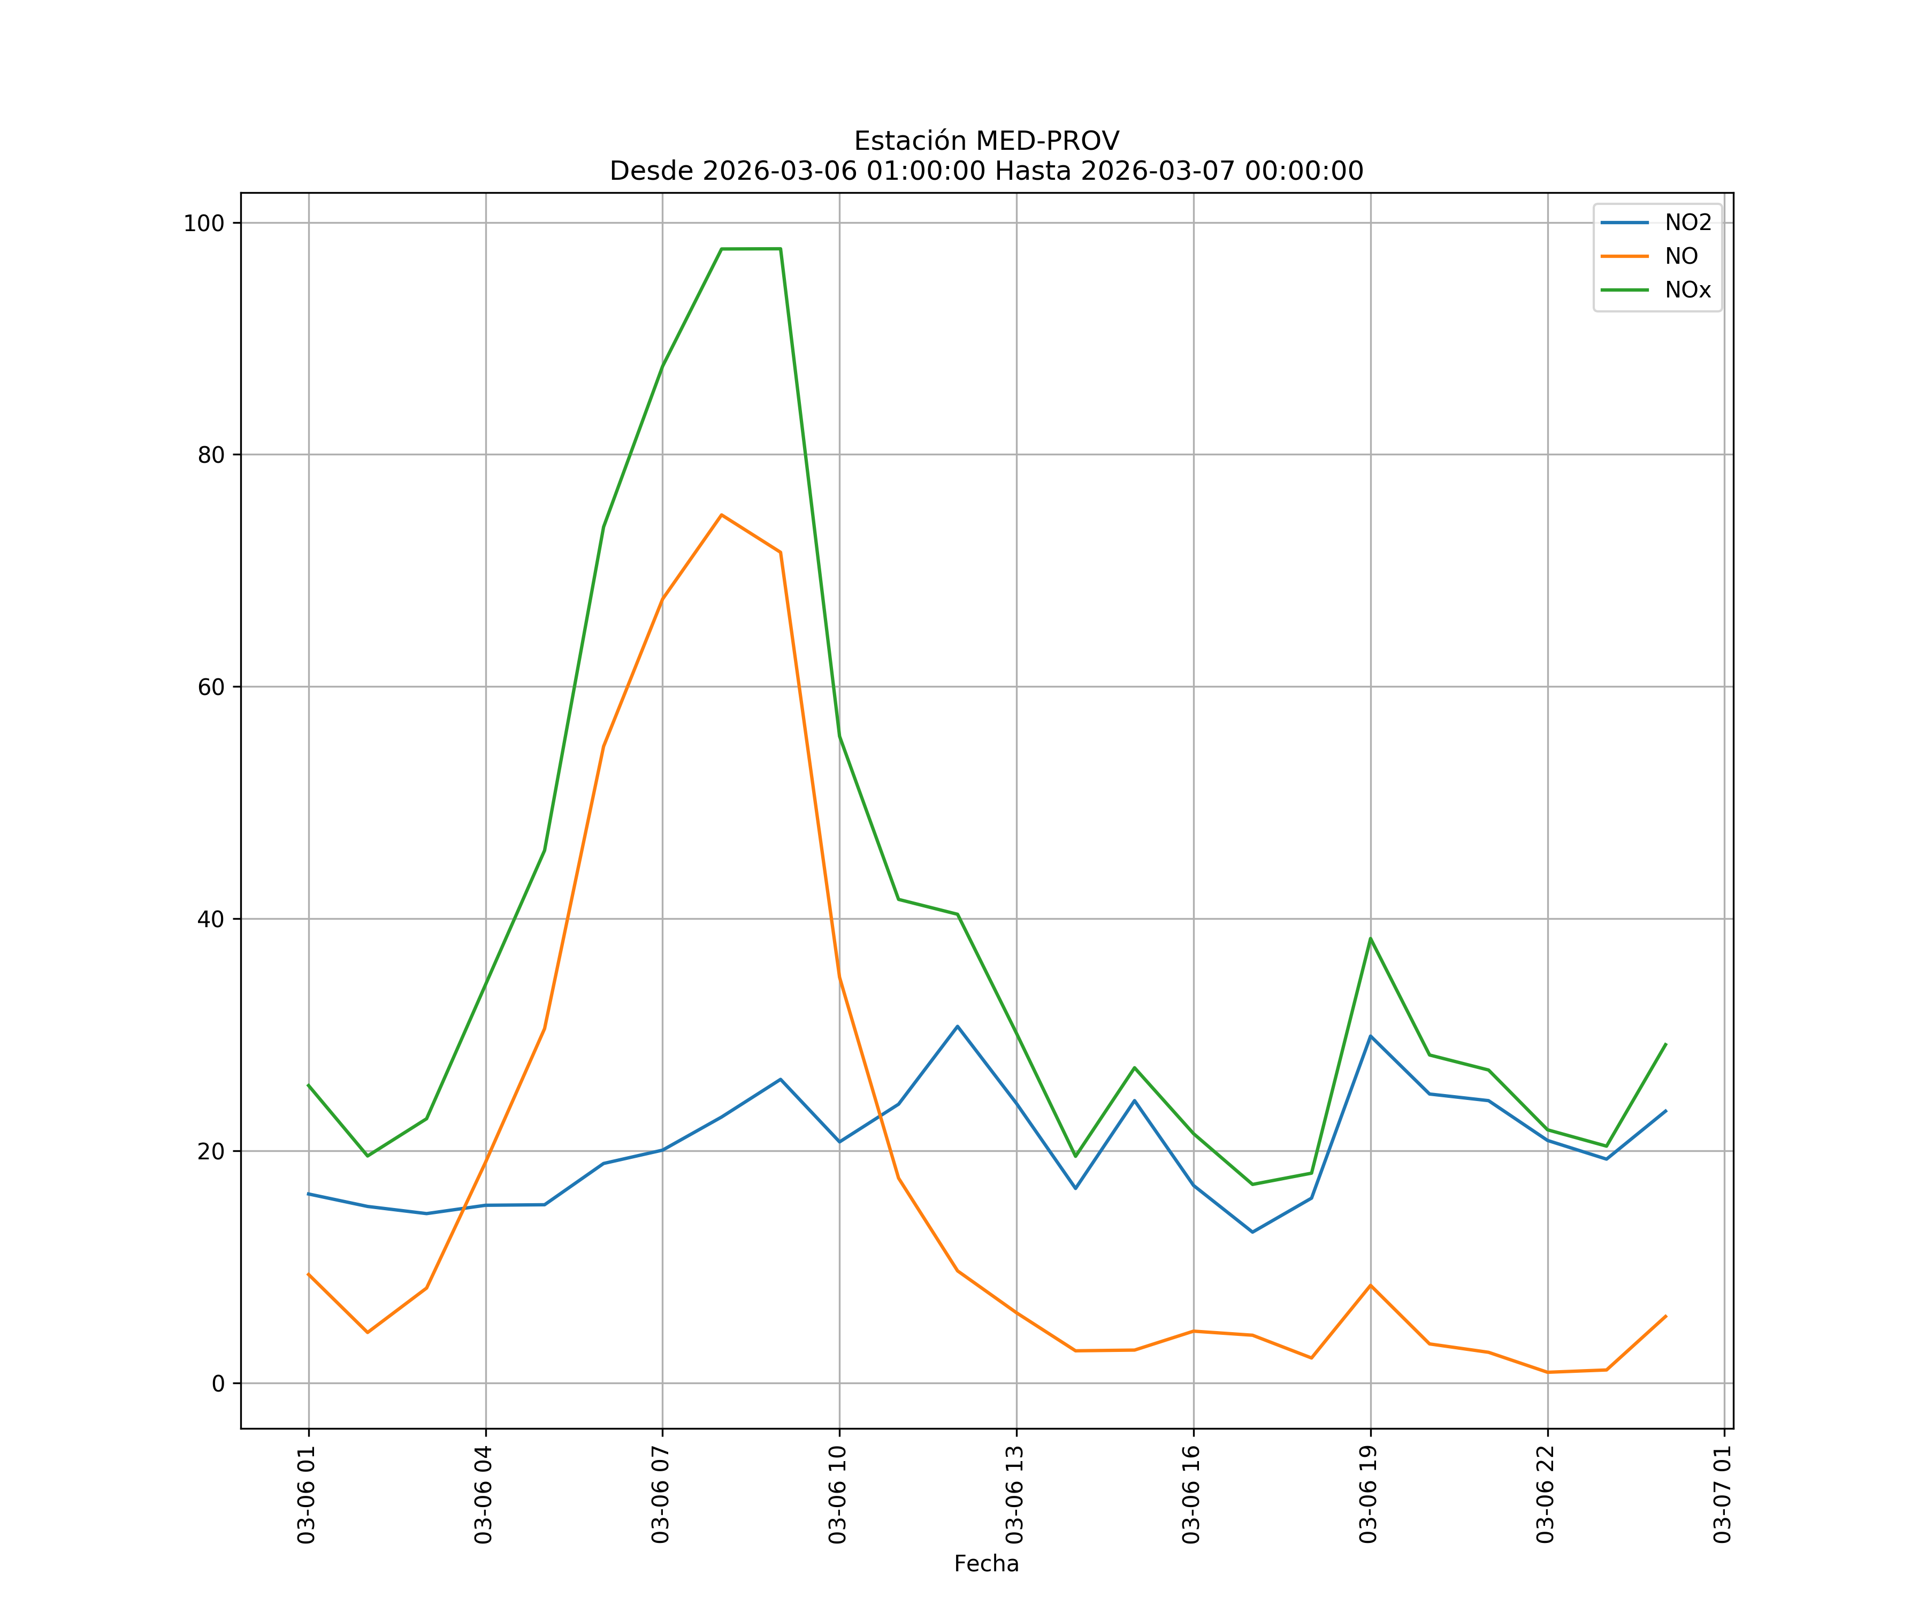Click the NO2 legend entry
(1687, 223)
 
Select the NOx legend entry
(1687, 291)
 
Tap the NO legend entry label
(1681, 257)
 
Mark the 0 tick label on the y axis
(218, 1383)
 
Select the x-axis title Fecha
(986, 1564)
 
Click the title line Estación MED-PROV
(986, 141)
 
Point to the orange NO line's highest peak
(722, 515)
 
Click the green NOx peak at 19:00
(1370, 938)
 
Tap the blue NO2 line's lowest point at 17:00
(1253, 1232)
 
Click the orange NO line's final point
(1665, 1316)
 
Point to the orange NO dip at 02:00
(368, 1332)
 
